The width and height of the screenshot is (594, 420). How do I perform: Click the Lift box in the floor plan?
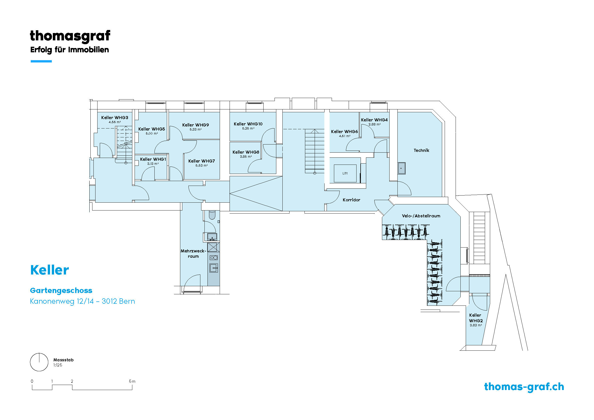[x=345, y=173]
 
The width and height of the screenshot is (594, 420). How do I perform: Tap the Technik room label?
[x=421, y=150]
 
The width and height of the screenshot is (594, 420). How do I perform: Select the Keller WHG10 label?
[x=248, y=124]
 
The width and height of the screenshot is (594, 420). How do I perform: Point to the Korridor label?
[x=351, y=200]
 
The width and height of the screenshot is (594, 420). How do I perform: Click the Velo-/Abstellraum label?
[x=421, y=216]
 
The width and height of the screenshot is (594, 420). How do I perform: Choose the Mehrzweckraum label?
[x=193, y=253]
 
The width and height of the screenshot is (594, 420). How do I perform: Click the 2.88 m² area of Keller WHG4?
[x=374, y=124]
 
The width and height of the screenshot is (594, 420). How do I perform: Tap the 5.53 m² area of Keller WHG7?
[x=202, y=166]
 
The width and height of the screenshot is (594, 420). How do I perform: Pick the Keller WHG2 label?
[x=475, y=318]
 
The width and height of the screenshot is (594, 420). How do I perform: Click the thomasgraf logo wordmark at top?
[x=70, y=36]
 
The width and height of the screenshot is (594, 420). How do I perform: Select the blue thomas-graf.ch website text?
[x=524, y=387]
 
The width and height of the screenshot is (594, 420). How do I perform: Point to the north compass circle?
[x=39, y=362]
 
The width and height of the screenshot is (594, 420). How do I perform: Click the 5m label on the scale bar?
[x=132, y=381]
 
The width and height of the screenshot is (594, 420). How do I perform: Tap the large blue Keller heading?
[x=50, y=270]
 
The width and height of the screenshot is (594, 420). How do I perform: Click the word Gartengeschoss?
[x=61, y=291]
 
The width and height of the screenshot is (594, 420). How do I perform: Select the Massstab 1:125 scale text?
[x=63, y=362]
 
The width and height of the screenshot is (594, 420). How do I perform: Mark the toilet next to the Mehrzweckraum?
[x=212, y=215]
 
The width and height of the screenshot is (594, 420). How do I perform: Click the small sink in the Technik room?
[x=402, y=168]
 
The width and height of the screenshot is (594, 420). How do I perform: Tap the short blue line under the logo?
[x=41, y=61]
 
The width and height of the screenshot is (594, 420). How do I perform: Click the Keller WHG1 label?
[x=153, y=159]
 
